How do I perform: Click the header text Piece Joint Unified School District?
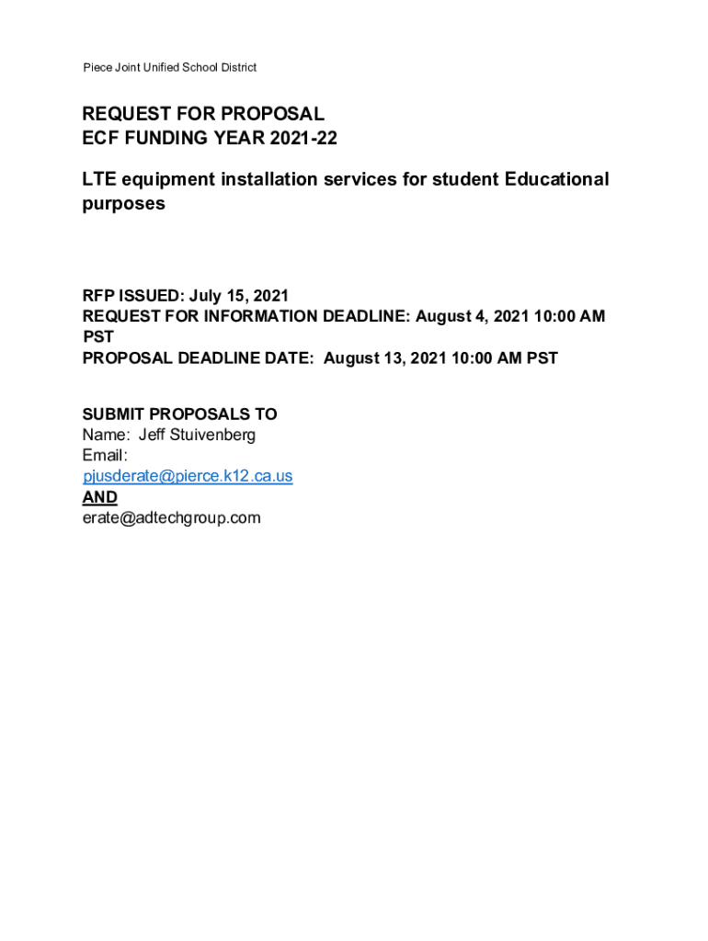(x=170, y=67)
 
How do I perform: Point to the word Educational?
(x=556, y=179)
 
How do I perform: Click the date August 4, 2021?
(x=467, y=317)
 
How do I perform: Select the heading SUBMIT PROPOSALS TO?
(x=179, y=414)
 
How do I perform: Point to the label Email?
(x=105, y=456)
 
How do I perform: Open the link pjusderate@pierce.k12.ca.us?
(x=188, y=476)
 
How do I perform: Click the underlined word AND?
(x=100, y=497)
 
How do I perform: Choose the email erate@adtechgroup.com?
(x=172, y=518)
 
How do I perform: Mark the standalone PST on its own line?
(x=98, y=337)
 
